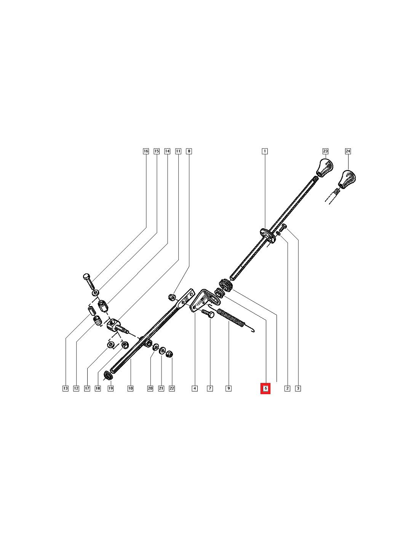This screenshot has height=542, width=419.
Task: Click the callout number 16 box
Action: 146,151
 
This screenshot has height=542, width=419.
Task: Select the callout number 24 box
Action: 348,151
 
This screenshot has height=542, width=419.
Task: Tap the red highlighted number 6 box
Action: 265,388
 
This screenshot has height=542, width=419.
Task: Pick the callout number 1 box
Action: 265,151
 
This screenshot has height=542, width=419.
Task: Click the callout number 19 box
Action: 110,388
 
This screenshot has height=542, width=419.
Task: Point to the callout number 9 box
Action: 228,388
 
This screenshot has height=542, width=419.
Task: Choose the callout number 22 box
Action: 172,388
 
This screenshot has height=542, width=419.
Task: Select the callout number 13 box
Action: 65,388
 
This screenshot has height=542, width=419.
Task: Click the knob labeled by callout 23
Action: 325,167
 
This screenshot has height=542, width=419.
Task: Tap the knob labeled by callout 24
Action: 347,180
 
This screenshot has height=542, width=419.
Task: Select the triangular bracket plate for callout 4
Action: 206,301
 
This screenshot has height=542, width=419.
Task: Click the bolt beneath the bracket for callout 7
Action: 208,314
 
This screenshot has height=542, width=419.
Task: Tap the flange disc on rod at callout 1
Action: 268,235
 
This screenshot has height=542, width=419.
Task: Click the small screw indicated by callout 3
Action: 285,226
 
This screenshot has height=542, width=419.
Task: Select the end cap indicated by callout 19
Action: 108,376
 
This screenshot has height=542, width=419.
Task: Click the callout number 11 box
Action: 178,151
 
